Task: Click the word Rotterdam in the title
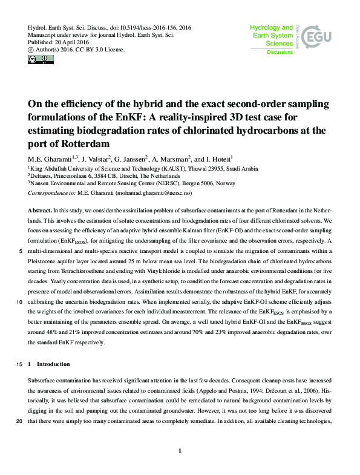tap(94, 144)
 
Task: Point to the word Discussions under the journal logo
tap(280, 53)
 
